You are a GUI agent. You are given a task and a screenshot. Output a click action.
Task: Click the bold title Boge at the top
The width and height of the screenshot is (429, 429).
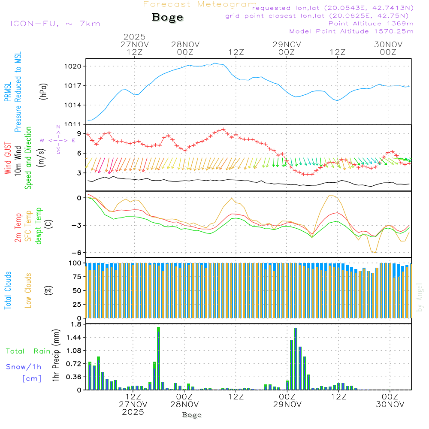[x=167, y=18]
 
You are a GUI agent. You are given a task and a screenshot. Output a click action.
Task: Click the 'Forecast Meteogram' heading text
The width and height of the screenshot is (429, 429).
[x=200, y=5]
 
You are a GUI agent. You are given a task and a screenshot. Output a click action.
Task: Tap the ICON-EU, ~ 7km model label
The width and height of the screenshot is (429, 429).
[x=55, y=24]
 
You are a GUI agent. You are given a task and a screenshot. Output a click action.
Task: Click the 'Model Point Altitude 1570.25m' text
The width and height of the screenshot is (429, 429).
[x=351, y=31]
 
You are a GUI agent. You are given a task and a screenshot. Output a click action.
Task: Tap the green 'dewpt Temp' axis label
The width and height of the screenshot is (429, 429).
[x=39, y=226]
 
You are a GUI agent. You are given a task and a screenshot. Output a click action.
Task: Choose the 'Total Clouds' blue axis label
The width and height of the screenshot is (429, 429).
[x=8, y=290]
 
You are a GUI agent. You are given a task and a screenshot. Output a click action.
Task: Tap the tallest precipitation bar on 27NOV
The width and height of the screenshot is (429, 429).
[x=158, y=358]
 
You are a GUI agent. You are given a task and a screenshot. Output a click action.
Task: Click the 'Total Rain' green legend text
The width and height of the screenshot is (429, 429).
[x=28, y=351]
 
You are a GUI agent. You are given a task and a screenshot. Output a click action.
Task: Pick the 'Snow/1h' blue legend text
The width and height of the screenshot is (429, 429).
[x=24, y=367]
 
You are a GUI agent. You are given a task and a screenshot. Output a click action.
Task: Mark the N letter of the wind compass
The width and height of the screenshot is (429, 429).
[x=58, y=127]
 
